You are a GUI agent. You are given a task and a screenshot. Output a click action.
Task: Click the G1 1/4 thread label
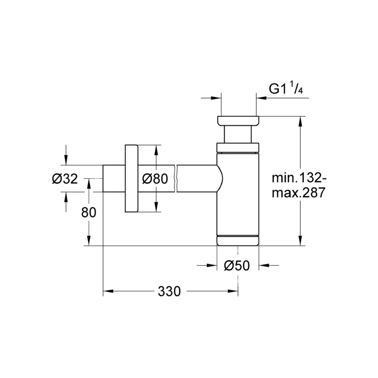pyautogui.click(x=285, y=89)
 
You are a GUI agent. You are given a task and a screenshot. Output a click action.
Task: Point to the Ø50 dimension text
pyautogui.click(x=237, y=266)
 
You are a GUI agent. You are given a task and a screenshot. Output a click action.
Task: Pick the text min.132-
pyautogui.click(x=299, y=178)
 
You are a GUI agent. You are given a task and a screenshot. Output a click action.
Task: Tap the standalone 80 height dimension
pyautogui.click(x=89, y=213)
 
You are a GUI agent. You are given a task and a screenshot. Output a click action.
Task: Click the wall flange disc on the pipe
pyautogui.click(x=132, y=178)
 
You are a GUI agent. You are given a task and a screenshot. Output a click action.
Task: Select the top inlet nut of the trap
pyautogui.click(x=238, y=121)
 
